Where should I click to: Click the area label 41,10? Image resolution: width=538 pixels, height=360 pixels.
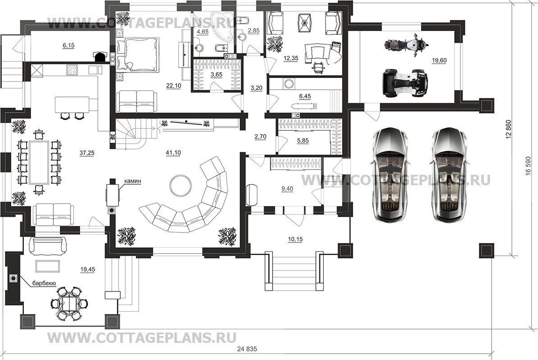(x=173, y=153)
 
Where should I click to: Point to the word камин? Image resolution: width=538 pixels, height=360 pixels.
(x=134, y=181)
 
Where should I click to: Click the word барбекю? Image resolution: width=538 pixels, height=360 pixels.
(x=44, y=283)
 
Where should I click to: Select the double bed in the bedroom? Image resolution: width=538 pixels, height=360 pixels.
(x=138, y=55)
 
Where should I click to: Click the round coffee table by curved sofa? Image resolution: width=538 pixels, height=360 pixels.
(x=181, y=185)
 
